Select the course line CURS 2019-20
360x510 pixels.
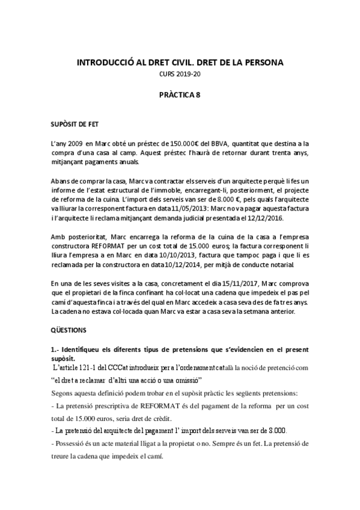[179, 74]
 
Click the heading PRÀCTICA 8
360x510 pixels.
[179, 94]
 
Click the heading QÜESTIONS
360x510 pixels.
[69, 330]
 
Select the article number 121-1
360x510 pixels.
[87, 367]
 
